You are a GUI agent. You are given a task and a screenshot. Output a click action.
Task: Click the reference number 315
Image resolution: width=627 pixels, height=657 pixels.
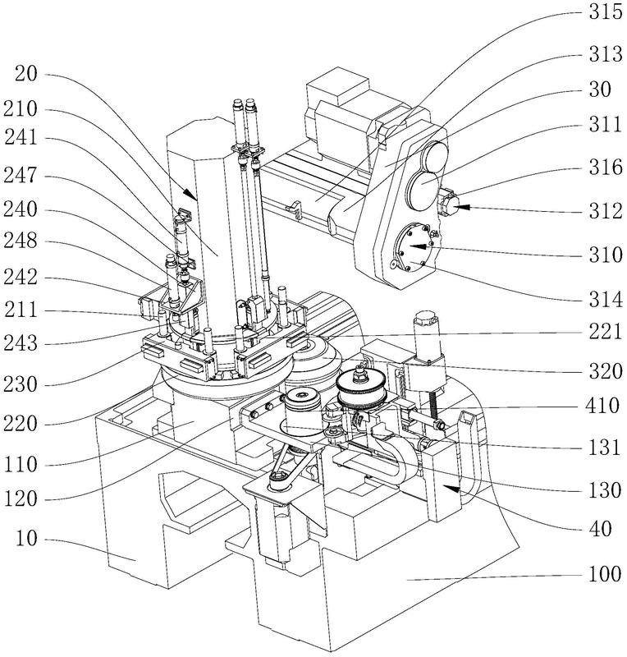pos(600,14)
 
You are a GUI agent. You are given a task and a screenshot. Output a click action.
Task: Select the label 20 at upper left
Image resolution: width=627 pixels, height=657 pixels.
pos(28,75)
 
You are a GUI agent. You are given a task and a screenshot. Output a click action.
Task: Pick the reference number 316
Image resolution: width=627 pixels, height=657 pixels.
pos(600,171)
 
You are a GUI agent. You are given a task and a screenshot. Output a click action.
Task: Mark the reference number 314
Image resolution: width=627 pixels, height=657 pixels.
pos(600,296)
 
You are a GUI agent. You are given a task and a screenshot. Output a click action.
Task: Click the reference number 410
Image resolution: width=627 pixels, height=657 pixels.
pos(600,404)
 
